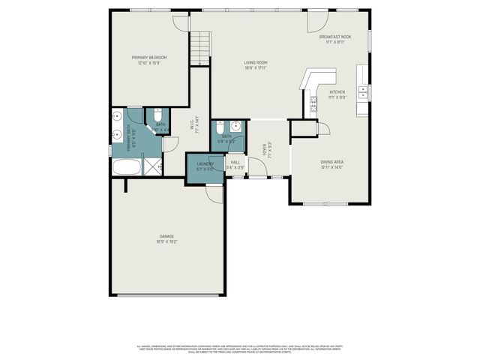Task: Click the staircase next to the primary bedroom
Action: click(x=199, y=49)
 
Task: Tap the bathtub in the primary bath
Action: click(x=126, y=167)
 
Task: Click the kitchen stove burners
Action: click(x=313, y=104)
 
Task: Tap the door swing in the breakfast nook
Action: click(x=316, y=20)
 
